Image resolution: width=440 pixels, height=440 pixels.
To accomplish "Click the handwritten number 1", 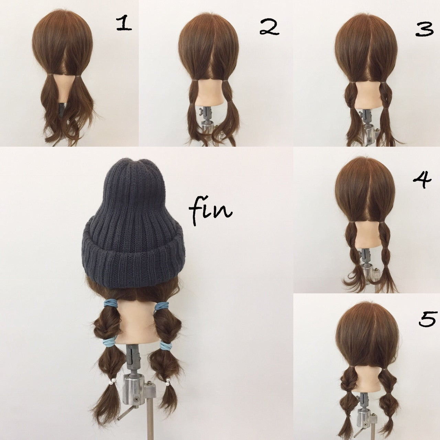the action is pos(124,24).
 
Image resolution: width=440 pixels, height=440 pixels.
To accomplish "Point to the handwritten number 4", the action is pos(423,180).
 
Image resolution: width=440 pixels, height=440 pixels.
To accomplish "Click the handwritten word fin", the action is pos(210,210).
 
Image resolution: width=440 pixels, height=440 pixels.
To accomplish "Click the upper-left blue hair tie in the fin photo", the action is pos(111,304).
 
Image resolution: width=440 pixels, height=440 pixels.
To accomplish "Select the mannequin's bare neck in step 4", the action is pos(367,234).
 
